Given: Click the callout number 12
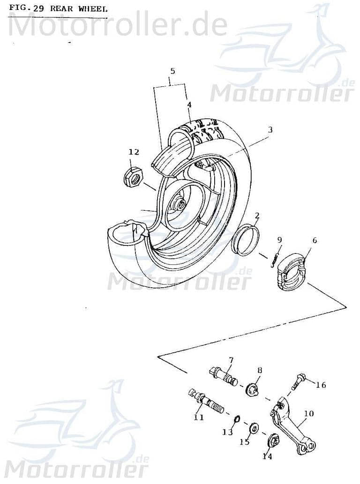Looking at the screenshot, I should pyautogui.click(x=134, y=151).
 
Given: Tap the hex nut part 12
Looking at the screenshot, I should pyautogui.click(x=133, y=177).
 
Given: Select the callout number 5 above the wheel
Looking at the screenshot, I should pyautogui.click(x=172, y=71).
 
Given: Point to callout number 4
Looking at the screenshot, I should pyautogui.click(x=188, y=104).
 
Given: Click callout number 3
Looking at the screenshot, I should pyautogui.click(x=270, y=129).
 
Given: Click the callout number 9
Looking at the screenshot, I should pyautogui.click(x=279, y=240).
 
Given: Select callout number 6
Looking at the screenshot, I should pyautogui.click(x=314, y=240).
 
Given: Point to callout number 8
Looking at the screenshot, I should pyautogui.click(x=259, y=370).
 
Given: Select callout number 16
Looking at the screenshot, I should pyautogui.click(x=321, y=385).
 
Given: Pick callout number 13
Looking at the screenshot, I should pyautogui.click(x=227, y=432).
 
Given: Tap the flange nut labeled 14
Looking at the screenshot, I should pyautogui.click(x=272, y=442).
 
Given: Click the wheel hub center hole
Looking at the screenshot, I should pyautogui.click(x=180, y=204).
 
